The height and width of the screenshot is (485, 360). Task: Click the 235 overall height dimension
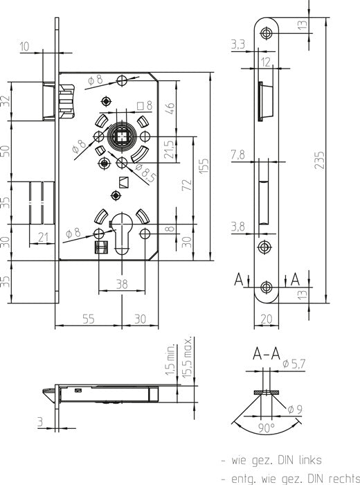click(x=320, y=159)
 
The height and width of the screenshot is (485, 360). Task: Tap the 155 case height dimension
click(x=204, y=166)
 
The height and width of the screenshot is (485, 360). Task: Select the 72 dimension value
click(x=187, y=185)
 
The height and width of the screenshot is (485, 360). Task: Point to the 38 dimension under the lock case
click(x=122, y=284)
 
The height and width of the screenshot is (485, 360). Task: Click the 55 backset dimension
click(x=89, y=319)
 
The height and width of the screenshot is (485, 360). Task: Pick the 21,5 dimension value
click(x=170, y=150)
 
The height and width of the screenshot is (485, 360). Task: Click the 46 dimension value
click(x=170, y=109)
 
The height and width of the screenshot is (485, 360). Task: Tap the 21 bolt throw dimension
click(x=43, y=237)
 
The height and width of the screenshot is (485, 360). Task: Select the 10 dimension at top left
click(x=24, y=46)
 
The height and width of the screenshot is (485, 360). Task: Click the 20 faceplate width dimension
click(x=266, y=319)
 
